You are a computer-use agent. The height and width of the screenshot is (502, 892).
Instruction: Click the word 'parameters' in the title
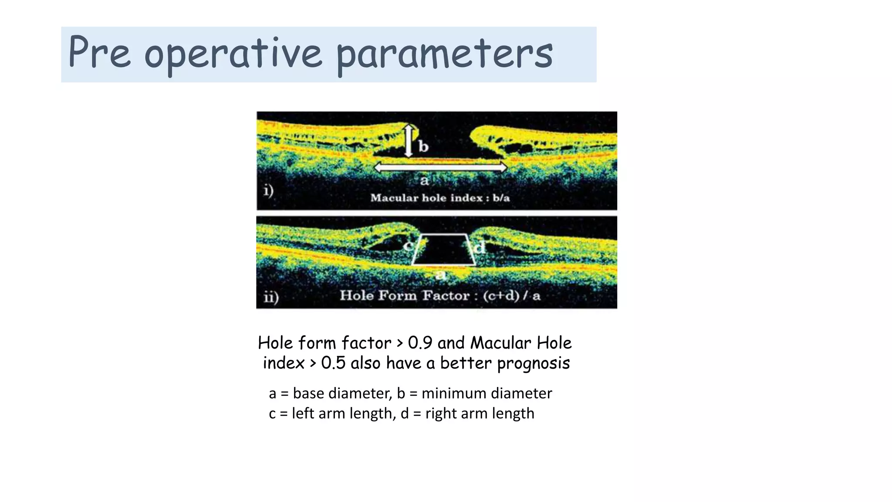[x=444, y=54]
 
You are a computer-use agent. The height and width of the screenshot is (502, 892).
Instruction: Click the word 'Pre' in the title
[x=99, y=52]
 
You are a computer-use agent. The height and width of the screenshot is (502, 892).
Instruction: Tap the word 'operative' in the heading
[x=233, y=54]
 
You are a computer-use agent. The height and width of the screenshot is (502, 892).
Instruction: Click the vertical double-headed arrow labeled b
[x=408, y=141]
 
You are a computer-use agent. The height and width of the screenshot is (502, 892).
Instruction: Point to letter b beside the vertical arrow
[x=423, y=146]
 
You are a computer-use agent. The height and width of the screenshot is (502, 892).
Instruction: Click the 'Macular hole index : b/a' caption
[x=440, y=198]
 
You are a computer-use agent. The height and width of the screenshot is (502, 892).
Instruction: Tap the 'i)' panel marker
[x=268, y=191]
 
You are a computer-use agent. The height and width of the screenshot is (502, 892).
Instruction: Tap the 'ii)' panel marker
[x=271, y=297]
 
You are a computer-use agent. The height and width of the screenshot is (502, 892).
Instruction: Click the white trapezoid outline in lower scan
[x=443, y=264]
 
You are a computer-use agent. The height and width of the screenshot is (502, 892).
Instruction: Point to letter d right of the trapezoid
[x=480, y=248]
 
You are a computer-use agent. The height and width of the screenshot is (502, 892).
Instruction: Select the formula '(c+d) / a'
[x=512, y=295]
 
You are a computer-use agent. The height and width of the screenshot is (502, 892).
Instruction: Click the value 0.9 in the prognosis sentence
[x=420, y=343]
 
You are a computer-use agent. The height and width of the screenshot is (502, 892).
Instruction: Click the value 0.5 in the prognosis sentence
[x=333, y=363]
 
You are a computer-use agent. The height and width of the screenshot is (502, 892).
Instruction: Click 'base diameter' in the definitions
[x=342, y=393]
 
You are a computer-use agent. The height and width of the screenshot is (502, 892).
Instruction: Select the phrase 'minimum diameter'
[x=487, y=393]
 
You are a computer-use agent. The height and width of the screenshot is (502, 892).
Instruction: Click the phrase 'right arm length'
[x=480, y=414]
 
